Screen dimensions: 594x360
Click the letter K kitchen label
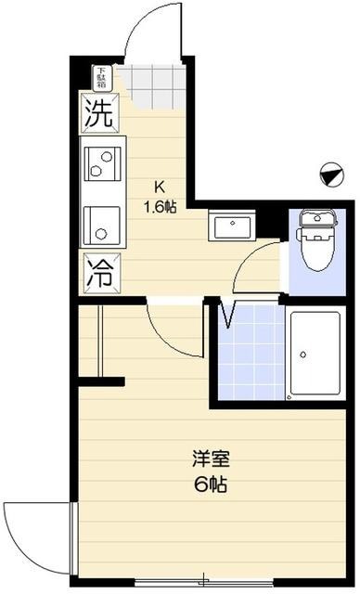click(159, 185)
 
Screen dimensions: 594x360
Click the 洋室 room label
click(210, 458)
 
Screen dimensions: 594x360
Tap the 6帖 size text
click(210, 484)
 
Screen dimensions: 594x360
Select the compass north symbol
click(328, 172)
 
